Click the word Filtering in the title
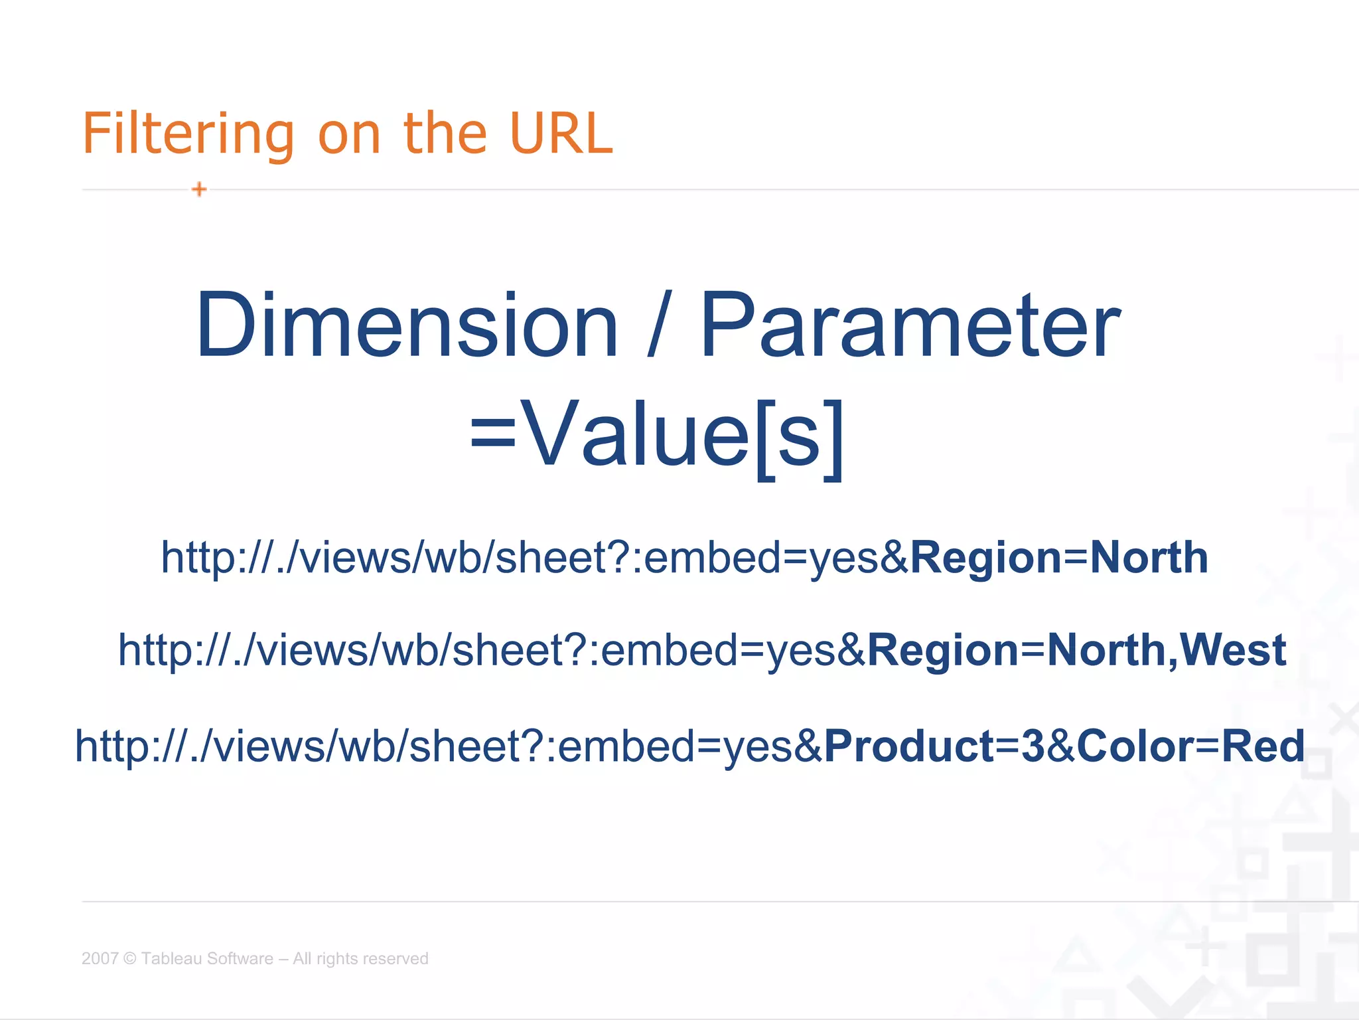[188, 135]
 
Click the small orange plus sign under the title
[199, 189]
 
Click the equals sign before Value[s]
[492, 435]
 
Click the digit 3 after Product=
[1033, 746]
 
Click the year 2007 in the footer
[100, 958]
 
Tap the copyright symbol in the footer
[130, 958]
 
